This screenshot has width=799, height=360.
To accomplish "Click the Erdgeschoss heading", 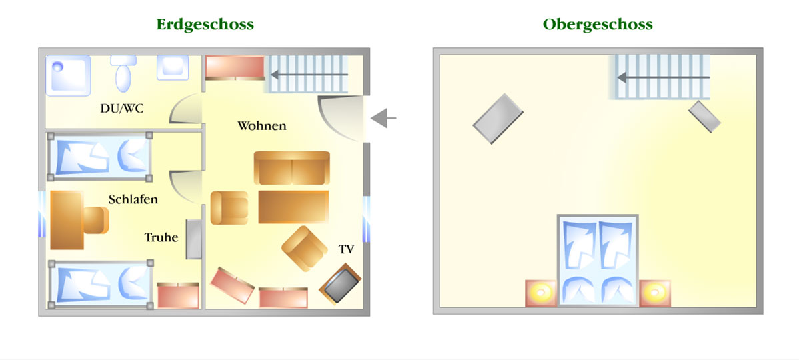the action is tap(205, 25).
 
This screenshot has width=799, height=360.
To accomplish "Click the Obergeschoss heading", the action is tap(597, 25).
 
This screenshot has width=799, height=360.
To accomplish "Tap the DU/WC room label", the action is tap(122, 109).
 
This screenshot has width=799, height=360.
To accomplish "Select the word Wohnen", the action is tap(262, 125).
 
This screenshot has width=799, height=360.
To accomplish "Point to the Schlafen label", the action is tap(133, 199).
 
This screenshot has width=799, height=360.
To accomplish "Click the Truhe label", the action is tap(161, 237).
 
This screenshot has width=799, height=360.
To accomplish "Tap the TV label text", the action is tap(347, 249).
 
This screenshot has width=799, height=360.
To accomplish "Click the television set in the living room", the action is tap(340, 283).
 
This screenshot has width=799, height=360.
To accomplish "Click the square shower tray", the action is tap(68, 75).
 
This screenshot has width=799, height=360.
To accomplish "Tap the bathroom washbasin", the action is tap(173, 68).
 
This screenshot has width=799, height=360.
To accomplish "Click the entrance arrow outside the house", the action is tap(383, 118).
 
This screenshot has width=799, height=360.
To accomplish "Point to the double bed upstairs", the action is tap(598, 260).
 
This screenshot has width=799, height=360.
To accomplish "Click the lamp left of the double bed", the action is tap(541, 293).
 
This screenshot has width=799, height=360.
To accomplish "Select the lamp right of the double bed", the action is tap(655, 293).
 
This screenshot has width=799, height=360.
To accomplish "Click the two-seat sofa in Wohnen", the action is tap(292, 168).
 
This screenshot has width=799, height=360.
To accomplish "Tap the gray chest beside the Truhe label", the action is tap(194, 239).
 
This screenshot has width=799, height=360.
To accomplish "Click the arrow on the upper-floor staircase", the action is tap(663, 77).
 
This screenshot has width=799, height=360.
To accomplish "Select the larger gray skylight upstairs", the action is tap(498, 119).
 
